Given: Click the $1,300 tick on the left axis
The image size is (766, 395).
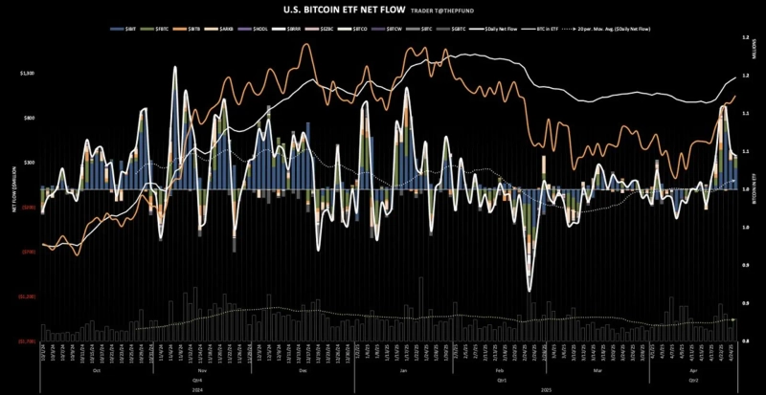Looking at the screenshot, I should tap(27, 73).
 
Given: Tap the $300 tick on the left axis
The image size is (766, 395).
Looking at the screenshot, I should tap(29, 163).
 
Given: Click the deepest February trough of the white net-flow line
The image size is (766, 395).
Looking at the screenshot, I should tap(529, 290).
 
